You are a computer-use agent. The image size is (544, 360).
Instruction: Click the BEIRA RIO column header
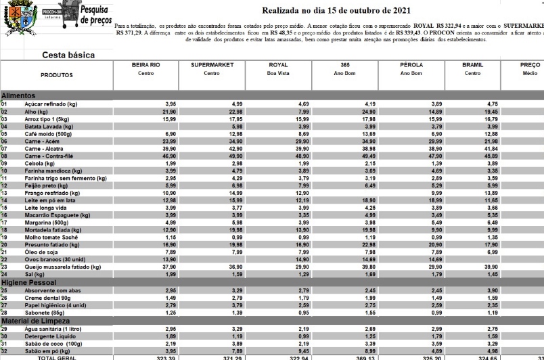click(x=147, y=65)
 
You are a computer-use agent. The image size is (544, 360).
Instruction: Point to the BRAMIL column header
click(x=472, y=65)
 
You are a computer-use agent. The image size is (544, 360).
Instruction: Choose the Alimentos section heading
click(x=18, y=97)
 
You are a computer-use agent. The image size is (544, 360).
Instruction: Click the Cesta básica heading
click(x=68, y=55)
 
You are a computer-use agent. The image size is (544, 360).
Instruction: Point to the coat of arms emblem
click(x=21, y=19)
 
